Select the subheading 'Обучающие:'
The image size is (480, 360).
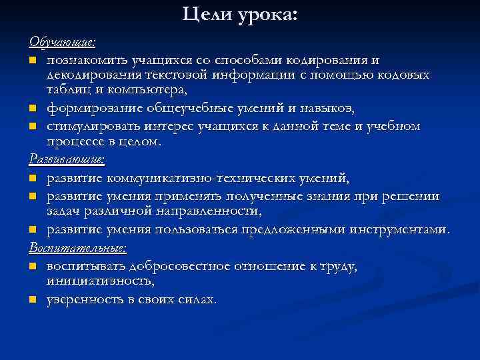click(63, 42)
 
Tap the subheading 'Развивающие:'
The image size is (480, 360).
click(67, 159)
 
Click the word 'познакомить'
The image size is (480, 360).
click(89, 61)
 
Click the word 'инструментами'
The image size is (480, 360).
click(398, 230)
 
